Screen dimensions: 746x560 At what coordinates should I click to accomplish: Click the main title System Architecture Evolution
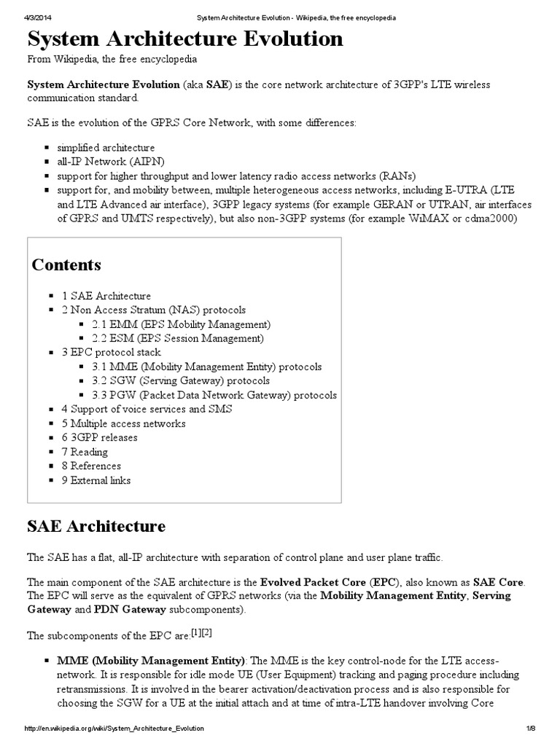click(x=185, y=39)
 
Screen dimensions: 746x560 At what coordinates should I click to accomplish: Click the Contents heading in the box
click(x=66, y=264)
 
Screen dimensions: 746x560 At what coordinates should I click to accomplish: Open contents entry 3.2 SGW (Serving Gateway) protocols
click(x=181, y=381)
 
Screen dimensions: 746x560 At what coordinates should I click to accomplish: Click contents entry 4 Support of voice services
click(x=147, y=409)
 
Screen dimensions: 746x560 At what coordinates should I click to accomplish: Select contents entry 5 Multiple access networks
click(x=123, y=423)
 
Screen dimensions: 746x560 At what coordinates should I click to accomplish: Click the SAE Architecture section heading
click(x=96, y=526)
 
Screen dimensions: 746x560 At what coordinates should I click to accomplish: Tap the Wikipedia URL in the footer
click(x=114, y=728)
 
